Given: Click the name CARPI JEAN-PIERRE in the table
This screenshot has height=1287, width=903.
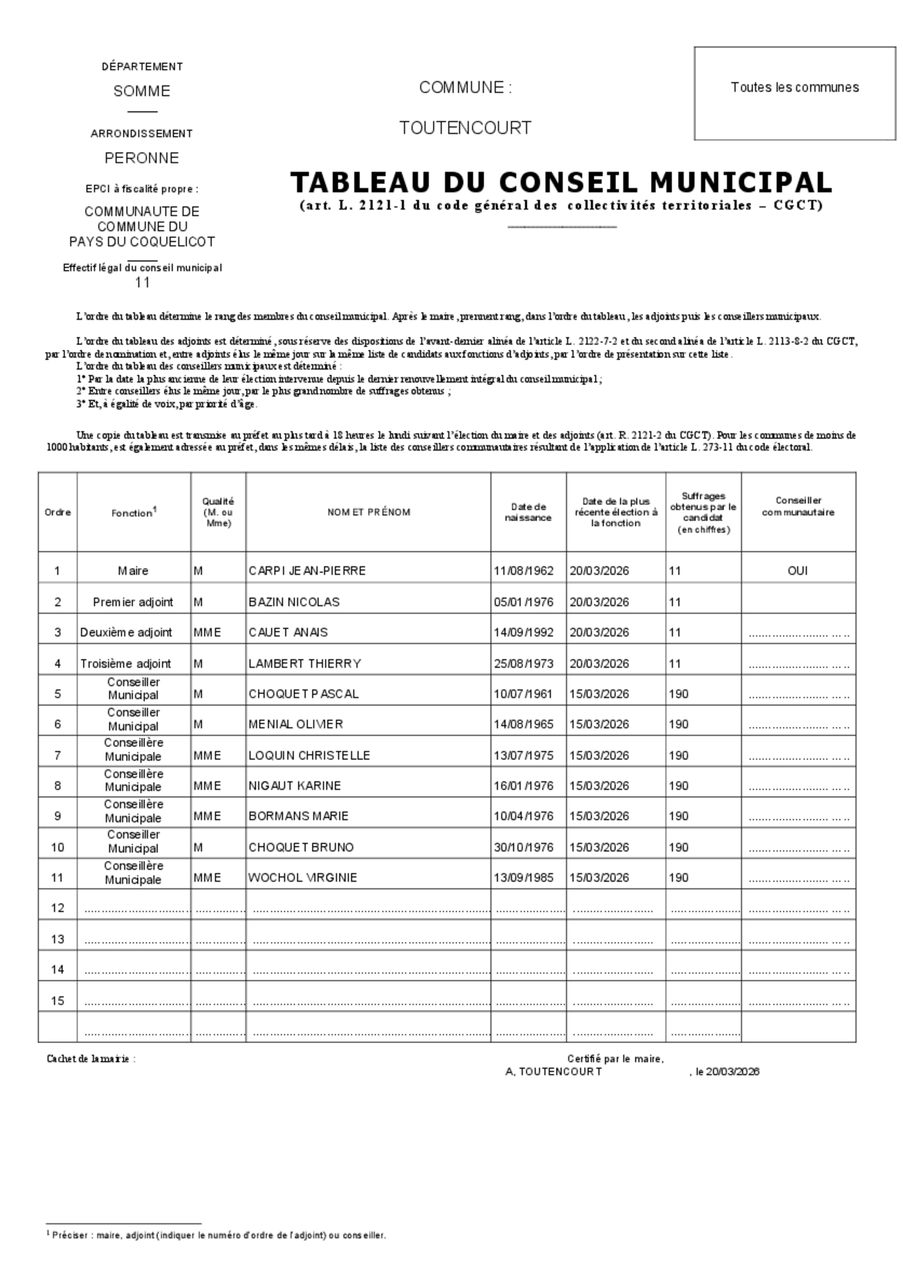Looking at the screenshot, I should pyautogui.click(x=307, y=571).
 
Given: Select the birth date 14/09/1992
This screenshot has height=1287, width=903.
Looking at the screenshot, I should pyautogui.click(x=524, y=632).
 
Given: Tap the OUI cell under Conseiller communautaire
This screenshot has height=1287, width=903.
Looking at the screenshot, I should pyautogui.click(x=798, y=571).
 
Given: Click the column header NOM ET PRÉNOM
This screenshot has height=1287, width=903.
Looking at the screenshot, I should pyautogui.click(x=369, y=512).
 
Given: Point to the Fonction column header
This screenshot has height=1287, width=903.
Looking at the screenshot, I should pyautogui.click(x=134, y=513).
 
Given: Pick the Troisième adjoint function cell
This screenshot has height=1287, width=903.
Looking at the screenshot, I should pyautogui.click(x=125, y=663).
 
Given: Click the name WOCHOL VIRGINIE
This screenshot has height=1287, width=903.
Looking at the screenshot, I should pyautogui.click(x=302, y=878).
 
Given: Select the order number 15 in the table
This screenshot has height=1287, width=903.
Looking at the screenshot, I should pyautogui.click(x=58, y=1001).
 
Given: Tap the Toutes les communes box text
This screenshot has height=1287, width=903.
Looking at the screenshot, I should pyautogui.click(x=794, y=88).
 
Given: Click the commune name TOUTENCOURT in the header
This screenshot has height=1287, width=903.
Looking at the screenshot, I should pyautogui.click(x=465, y=128).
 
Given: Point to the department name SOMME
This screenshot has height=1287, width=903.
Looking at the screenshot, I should pyautogui.click(x=141, y=91).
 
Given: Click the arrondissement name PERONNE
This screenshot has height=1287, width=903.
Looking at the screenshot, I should pyautogui.click(x=141, y=158).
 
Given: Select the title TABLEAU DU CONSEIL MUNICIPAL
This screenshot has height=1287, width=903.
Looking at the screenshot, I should pyautogui.click(x=561, y=183).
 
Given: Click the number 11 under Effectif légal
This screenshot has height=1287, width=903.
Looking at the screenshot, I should pyautogui.click(x=142, y=282).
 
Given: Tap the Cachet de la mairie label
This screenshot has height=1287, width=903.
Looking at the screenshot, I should pyautogui.click(x=91, y=1059).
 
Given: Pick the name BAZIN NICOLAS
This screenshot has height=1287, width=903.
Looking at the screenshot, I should pyautogui.click(x=294, y=602).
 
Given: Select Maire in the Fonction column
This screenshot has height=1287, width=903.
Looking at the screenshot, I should pyautogui.click(x=133, y=571).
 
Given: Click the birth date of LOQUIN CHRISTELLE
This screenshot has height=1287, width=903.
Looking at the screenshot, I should pyautogui.click(x=524, y=755).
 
